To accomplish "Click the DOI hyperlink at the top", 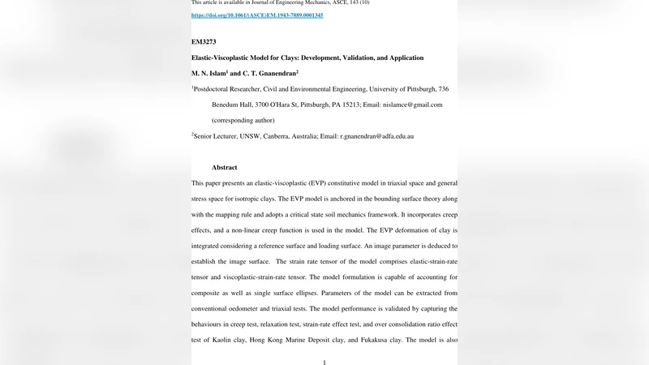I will coord(257,15).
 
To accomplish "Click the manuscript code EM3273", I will coord(204,41).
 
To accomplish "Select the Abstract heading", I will coord(225,168).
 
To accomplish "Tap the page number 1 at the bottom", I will coord(324,362).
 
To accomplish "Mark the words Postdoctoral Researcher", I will coord(232,89).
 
